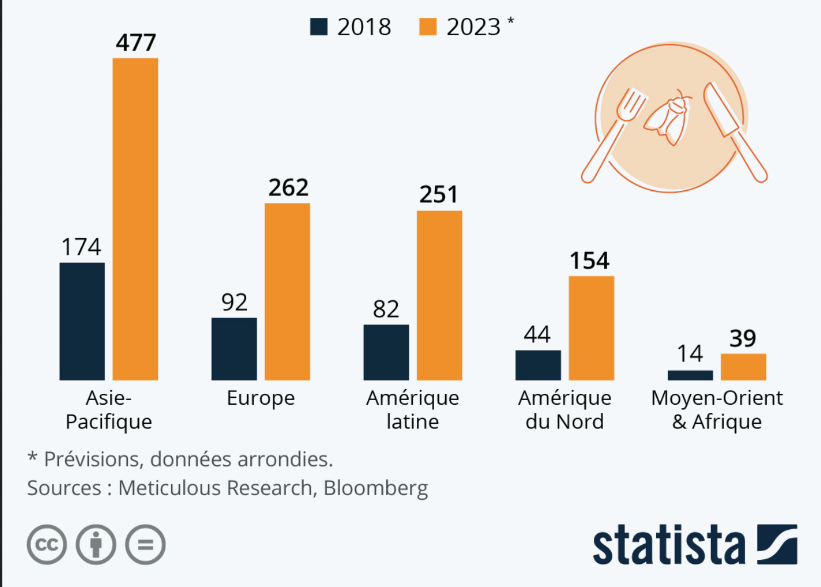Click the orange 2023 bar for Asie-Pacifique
(x=135, y=219)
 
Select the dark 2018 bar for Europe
(x=234, y=349)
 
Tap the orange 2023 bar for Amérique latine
(x=439, y=295)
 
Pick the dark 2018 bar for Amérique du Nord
(x=538, y=365)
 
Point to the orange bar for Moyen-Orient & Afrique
(x=743, y=367)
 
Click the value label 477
(x=136, y=42)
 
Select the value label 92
(x=234, y=302)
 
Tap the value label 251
(x=439, y=194)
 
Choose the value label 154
(x=589, y=261)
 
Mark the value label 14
(x=690, y=353)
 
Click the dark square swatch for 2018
(x=319, y=27)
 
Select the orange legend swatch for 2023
(x=428, y=27)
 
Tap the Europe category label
(x=261, y=398)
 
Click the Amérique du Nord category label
(x=564, y=409)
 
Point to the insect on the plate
(x=668, y=118)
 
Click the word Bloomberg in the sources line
(x=376, y=488)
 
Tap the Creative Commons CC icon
(x=47, y=544)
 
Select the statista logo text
(x=669, y=545)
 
